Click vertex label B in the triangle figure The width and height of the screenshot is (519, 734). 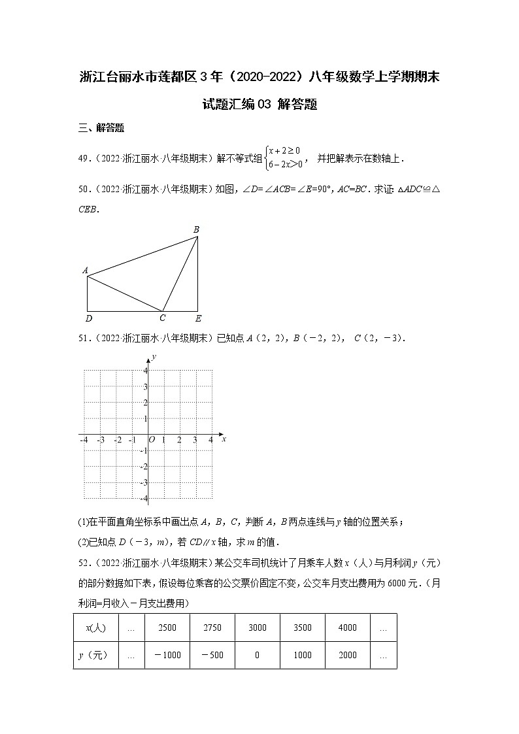coord(196,229)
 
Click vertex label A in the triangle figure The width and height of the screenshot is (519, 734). coord(85,270)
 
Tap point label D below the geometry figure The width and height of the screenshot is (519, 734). coord(89,318)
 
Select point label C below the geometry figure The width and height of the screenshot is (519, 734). coord(163,318)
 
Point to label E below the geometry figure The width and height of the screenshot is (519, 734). coord(199,318)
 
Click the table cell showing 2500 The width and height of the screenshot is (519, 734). coord(167,627)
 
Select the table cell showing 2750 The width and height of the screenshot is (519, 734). coord(212,627)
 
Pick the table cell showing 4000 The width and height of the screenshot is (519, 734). coord(347,627)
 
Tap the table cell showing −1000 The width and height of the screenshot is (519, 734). coord(167,655)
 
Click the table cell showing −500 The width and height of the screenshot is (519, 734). coord(212,655)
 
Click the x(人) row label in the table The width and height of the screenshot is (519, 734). coord(95,627)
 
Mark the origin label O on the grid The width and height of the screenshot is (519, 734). coord(152,441)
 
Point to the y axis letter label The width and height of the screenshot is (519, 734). coord(154,356)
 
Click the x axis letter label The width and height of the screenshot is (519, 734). coord(224,440)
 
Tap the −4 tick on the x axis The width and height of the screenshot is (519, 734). coord(84,441)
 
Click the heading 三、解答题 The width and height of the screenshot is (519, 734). coord(101,128)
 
